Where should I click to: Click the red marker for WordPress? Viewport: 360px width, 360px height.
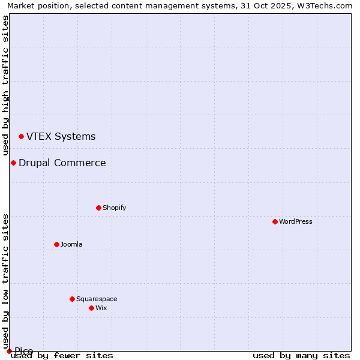(x=275, y=221)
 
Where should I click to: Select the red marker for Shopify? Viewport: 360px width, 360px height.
(x=98, y=208)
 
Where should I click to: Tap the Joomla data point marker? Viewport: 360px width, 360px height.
(x=56, y=244)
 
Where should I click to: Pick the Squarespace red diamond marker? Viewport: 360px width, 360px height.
(x=72, y=299)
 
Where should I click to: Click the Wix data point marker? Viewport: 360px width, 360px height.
(x=91, y=308)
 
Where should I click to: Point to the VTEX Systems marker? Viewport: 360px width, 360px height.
(x=21, y=137)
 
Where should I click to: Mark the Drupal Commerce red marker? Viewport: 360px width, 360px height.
(x=13, y=163)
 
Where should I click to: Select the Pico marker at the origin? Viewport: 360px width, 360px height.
(x=9, y=351)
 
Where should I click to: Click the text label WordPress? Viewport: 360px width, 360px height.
(x=296, y=221)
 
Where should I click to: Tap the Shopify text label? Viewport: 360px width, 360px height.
(x=114, y=208)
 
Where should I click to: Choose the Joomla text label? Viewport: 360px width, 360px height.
(x=71, y=244)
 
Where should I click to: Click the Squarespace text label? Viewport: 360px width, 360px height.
(x=97, y=299)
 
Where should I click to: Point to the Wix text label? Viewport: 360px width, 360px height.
(x=101, y=308)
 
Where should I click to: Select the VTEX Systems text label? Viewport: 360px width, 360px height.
(x=61, y=137)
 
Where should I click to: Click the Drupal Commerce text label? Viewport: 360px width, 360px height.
(x=62, y=163)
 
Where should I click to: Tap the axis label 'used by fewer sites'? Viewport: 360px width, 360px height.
(x=62, y=355)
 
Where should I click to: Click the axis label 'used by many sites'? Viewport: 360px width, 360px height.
(x=301, y=355)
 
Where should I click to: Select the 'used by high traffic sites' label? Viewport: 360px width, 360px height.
(x=5, y=85)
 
